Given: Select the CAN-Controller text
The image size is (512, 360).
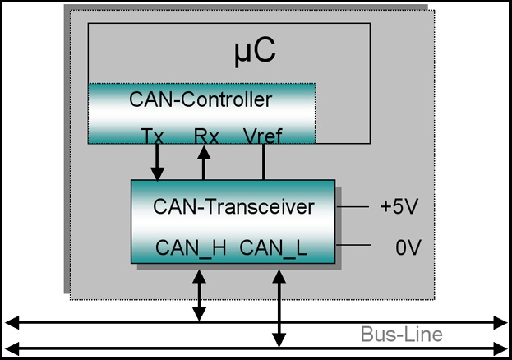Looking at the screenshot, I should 201,100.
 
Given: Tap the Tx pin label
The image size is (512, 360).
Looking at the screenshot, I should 153,136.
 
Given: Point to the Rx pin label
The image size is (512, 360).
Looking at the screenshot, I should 206,136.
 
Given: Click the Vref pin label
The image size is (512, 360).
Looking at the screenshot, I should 263,136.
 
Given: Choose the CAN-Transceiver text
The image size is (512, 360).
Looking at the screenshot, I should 233,206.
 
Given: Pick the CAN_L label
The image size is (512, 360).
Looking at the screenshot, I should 274,247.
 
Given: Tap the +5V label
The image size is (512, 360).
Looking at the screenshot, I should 399,206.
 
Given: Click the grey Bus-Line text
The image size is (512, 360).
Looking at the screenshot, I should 401,335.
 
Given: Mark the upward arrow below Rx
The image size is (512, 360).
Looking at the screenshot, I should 205,163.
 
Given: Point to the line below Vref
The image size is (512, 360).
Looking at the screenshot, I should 263,163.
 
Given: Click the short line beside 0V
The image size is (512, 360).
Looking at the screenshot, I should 350,245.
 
